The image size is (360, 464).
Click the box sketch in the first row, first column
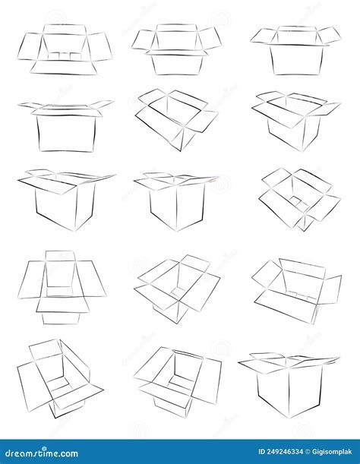click(65, 49)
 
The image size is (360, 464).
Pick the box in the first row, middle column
click(176, 49)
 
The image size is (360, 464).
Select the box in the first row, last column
click(296, 50)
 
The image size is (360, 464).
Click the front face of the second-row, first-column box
click(65, 132)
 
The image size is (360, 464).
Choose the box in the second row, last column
click(296, 119)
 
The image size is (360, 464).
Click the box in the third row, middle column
click(176, 201)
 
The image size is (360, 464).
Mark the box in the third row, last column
click(299, 198)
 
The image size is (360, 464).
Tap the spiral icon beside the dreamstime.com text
click(7, 453)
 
